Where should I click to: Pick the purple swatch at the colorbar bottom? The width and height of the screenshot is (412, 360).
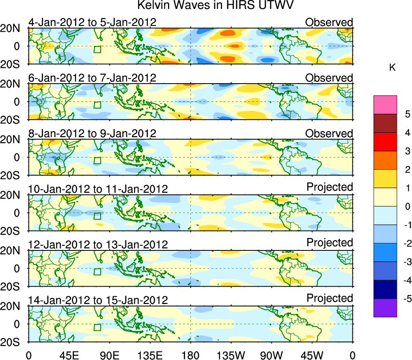click(x=385, y=308)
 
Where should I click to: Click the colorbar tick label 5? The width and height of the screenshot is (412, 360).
click(x=404, y=114)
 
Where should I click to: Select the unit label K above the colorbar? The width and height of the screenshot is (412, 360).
click(x=392, y=68)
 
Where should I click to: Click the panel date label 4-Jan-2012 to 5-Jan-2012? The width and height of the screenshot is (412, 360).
click(x=92, y=22)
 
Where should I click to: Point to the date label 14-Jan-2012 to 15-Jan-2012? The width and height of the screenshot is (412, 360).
click(x=98, y=300)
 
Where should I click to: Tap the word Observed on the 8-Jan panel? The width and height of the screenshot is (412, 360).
click(x=329, y=134)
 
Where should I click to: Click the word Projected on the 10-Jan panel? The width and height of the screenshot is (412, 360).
click(x=330, y=187)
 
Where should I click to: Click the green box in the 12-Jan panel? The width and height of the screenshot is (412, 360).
click(x=97, y=272)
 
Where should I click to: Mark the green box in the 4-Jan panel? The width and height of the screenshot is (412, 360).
click(x=97, y=50)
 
